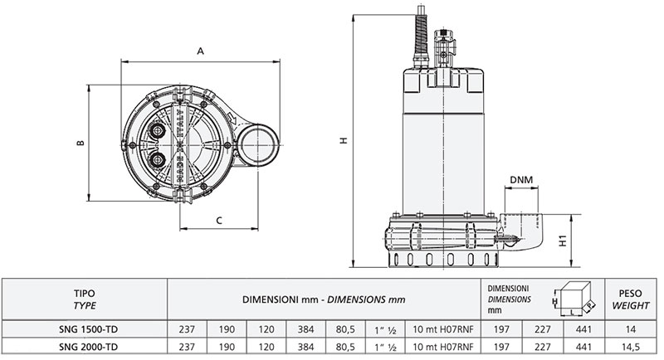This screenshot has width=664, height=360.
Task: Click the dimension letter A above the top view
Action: coord(201,51)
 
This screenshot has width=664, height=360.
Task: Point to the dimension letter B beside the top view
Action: coord(81,143)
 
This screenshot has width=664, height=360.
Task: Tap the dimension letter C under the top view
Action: coord(217,220)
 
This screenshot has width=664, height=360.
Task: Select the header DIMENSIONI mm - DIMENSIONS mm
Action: coord(324,299)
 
